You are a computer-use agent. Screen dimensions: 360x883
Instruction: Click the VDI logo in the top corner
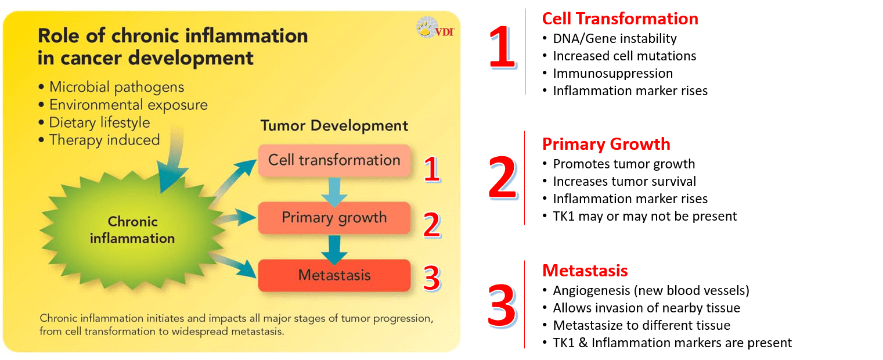pyautogui.click(x=435, y=28)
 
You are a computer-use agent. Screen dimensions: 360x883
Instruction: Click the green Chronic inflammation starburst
pyautogui.click(x=132, y=230)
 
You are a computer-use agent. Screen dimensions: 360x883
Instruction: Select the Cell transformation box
pyautogui.click(x=334, y=160)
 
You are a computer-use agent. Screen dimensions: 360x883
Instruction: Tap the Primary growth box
pyautogui.click(x=334, y=218)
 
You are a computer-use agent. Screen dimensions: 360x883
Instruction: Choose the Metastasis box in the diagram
pyautogui.click(x=334, y=275)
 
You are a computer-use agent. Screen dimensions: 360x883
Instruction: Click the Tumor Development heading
pyautogui.click(x=334, y=125)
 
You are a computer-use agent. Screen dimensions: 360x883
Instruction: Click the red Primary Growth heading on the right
pyautogui.click(x=606, y=144)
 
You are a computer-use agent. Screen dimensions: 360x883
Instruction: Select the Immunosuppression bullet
pyautogui.click(x=612, y=73)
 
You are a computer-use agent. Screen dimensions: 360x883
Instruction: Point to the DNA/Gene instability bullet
pyautogui.click(x=614, y=39)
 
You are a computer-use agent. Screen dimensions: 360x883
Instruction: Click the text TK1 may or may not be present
pyautogui.click(x=644, y=216)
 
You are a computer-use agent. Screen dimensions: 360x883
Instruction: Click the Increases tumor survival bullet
pyautogui.click(x=624, y=181)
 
